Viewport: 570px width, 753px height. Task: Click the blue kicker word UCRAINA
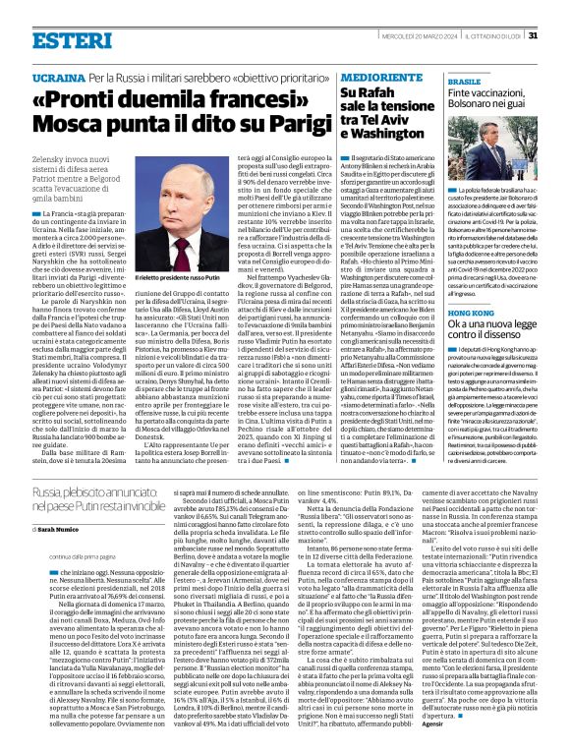57,76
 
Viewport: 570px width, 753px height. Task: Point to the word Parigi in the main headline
249,124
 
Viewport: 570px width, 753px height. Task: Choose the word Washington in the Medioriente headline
380,132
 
